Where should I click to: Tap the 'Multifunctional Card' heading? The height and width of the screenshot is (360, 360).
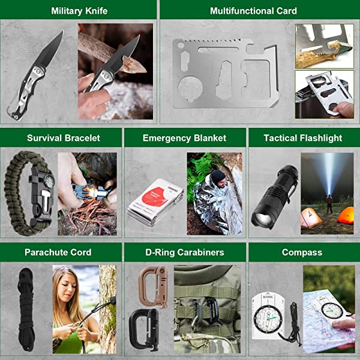point(253,11)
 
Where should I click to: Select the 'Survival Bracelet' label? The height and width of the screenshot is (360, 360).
point(63,138)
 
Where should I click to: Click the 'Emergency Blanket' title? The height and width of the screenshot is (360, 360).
point(184,138)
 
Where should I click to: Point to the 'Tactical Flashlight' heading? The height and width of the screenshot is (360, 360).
point(302,138)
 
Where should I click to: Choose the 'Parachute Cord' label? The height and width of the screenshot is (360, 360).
point(58,253)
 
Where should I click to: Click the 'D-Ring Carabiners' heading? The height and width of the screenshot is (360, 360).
point(184,253)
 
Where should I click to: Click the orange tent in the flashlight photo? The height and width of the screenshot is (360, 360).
point(345,215)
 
